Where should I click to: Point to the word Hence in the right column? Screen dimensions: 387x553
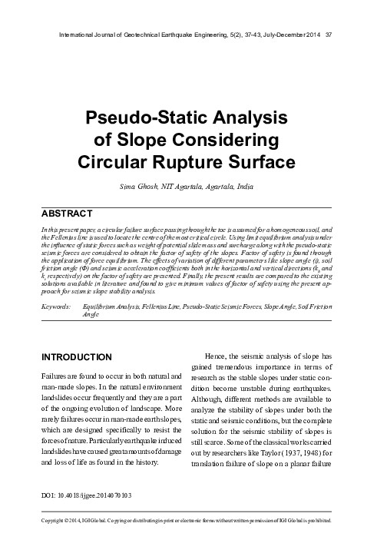(217, 358)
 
